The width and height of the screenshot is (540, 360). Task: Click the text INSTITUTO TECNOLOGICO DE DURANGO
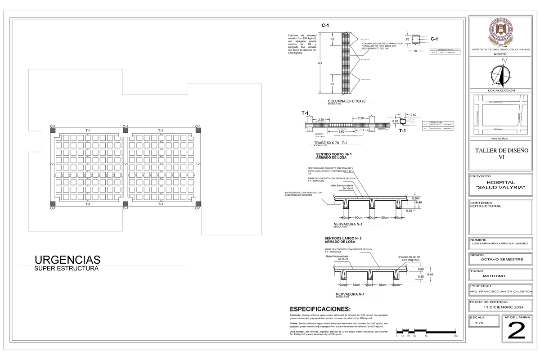[499, 49]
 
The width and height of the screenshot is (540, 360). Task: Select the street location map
[499, 115]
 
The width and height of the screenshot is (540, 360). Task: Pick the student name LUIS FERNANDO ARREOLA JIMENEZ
[499, 243]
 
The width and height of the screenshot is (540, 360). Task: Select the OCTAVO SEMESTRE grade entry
[499, 260]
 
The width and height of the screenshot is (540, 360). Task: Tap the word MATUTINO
[499, 275]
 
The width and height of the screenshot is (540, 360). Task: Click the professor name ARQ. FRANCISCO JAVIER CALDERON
[499, 291]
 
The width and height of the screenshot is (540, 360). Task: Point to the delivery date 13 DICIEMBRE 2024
[499, 307]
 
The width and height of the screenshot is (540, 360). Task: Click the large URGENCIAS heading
[67, 260]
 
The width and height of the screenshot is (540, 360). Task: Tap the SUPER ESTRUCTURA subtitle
[66, 269]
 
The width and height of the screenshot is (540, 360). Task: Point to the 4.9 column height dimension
[320, 63]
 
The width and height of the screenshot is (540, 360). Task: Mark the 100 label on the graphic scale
[455, 336]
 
